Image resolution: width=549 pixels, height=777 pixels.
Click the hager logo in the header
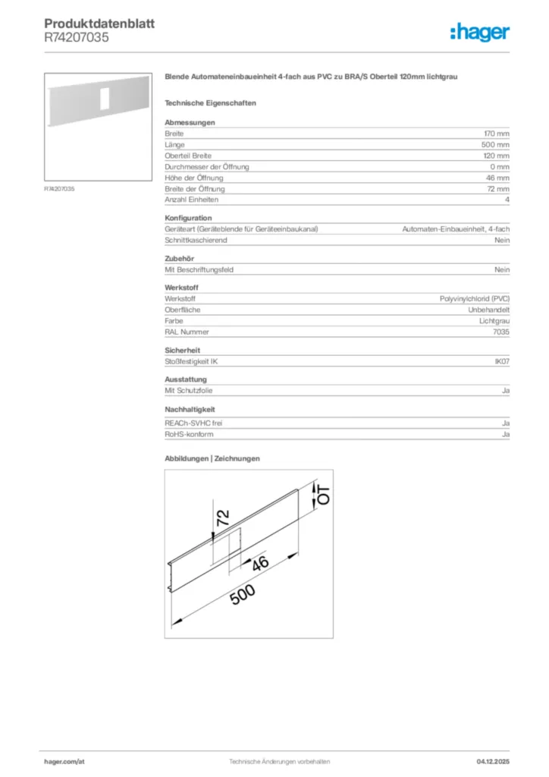[x=479, y=32]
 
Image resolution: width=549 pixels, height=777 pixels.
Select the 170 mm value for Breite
[x=497, y=134]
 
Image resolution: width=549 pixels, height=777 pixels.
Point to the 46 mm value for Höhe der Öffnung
[x=497, y=178]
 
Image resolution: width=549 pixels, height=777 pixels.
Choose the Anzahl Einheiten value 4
[x=507, y=200]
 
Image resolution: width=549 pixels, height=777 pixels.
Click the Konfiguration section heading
[x=188, y=218]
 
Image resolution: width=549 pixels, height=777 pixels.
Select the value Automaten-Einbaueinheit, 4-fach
[x=456, y=229]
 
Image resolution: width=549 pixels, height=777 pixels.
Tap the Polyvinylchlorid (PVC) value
[x=475, y=299]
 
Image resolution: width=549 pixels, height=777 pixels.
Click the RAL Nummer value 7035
[x=501, y=332]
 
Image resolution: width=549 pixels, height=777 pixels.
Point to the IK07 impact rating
[x=502, y=362]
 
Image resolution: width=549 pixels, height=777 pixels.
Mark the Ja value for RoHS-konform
[x=505, y=434]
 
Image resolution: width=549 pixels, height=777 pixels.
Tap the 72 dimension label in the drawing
[x=222, y=518]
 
